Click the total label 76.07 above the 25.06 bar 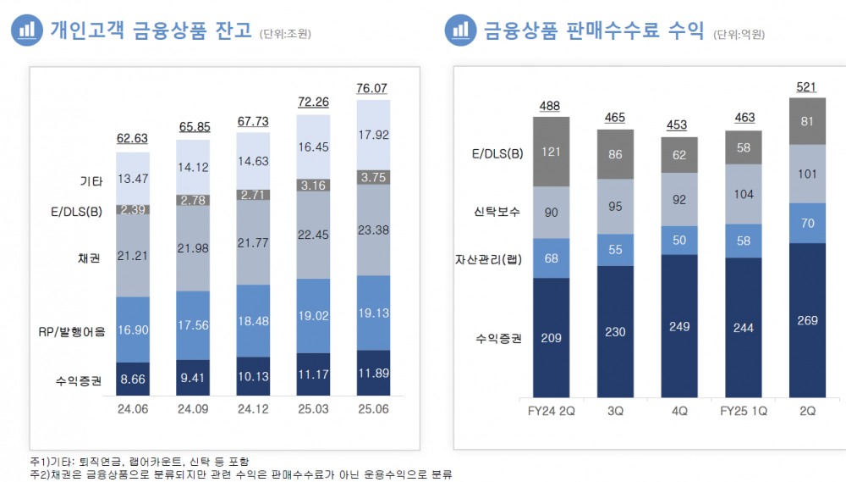coord(373,88)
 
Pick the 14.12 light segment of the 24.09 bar coord(193,167)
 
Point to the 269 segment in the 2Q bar coord(807,320)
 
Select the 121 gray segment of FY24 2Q coord(551,152)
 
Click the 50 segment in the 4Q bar coord(679,241)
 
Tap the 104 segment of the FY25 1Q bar coord(743,194)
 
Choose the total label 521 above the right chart coord(807,87)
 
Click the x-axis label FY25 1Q coord(743,411)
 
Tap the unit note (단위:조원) coord(285,34)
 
